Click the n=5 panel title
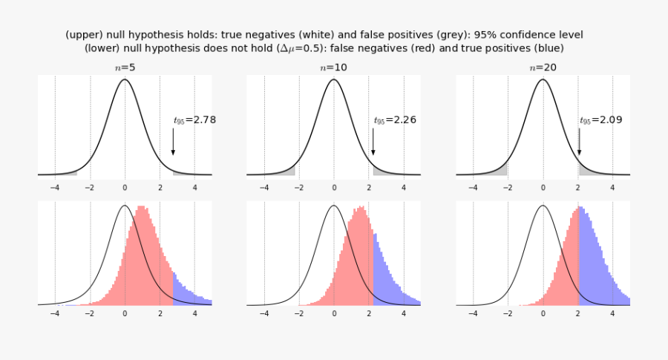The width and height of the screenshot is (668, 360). click(124, 67)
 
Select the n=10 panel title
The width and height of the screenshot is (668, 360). click(334, 67)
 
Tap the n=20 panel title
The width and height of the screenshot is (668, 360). click(543, 67)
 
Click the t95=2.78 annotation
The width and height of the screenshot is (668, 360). click(194, 119)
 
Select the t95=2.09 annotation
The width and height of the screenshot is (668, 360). click(601, 119)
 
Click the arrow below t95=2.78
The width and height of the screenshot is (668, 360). click(174, 141)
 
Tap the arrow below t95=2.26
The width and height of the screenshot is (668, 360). click(373, 141)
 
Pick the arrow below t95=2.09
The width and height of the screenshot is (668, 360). click(580, 141)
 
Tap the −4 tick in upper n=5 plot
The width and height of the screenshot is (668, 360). click(54, 188)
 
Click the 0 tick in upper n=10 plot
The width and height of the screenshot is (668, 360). click(334, 188)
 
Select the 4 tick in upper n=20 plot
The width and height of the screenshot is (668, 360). click(613, 188)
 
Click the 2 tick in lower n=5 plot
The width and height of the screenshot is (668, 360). click(160, 313)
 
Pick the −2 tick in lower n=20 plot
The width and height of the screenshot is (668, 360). click(508, 313)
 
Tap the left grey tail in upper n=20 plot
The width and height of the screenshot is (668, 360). click(502, 171)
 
